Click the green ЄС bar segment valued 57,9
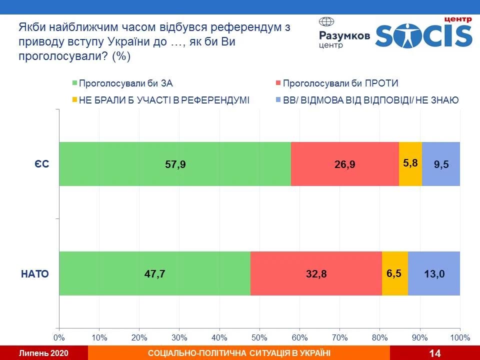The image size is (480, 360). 175,164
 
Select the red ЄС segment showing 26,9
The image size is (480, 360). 345,164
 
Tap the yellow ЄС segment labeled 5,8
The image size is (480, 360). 410,164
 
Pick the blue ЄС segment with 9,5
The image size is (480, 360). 441,164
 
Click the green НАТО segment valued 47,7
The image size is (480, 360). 154,273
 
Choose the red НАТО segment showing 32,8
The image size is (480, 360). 316,273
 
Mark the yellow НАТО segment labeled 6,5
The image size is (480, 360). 395,273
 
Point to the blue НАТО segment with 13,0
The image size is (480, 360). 434,273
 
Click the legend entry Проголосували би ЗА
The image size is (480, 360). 125,83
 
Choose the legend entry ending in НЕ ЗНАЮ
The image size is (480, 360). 370,100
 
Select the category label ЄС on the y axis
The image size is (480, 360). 41,164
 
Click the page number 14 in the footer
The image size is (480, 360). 434,353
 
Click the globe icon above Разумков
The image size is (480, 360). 326,22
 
